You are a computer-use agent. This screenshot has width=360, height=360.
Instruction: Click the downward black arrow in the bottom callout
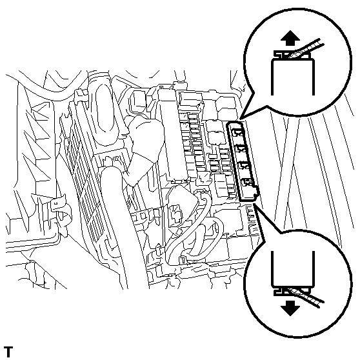click(x=292, y=307)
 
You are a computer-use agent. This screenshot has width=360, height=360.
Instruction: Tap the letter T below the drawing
click(x=8, y=352)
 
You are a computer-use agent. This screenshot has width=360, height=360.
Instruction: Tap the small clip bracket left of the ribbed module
click(x=60, y=206)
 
